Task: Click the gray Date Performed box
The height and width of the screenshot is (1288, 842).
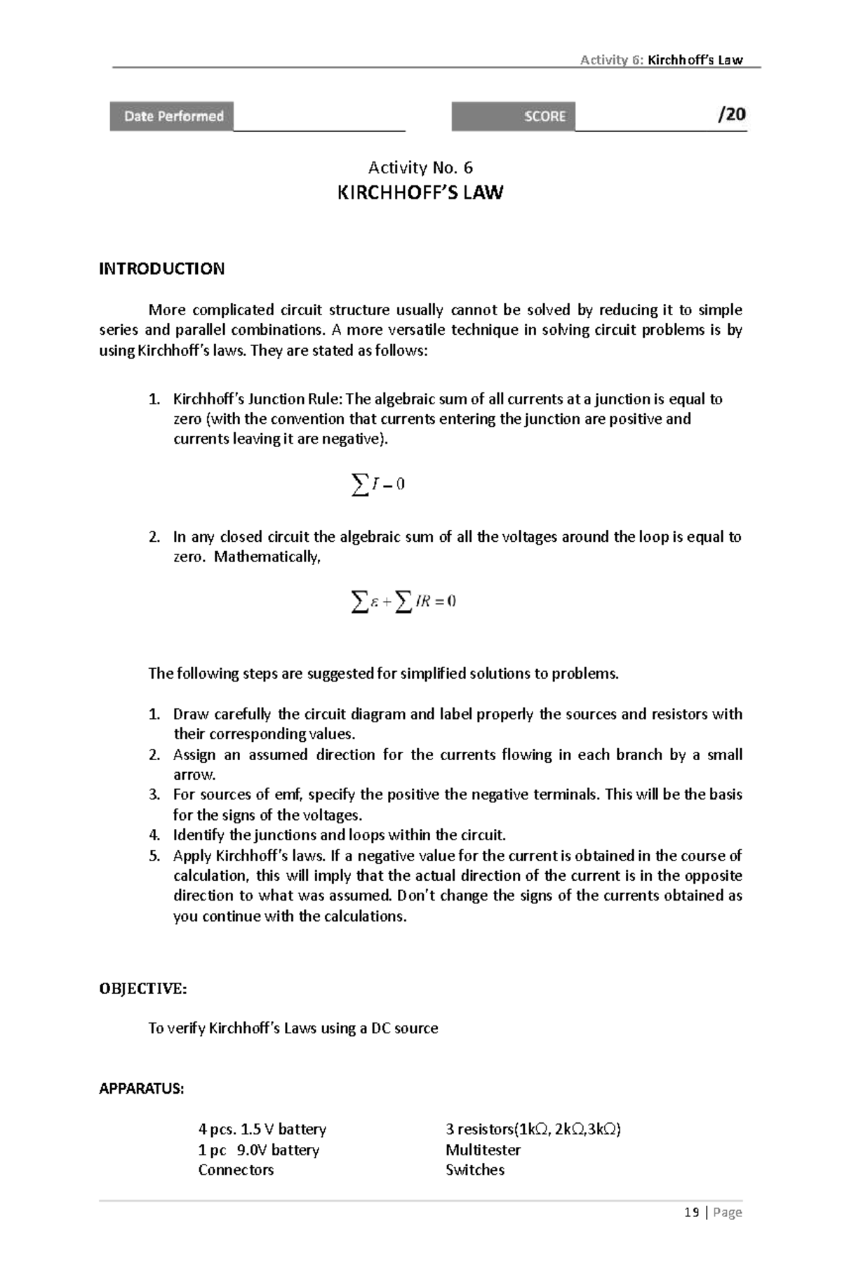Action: pyautogui.click(x=172, y=117)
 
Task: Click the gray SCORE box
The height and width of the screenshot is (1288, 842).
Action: pyautogui.click(x=513, y=117)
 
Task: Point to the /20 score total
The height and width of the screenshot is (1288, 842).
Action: pyautogui.click(x=731, y=114)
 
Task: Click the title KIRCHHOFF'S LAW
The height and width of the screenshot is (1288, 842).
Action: pyautogui.click(x=420, y=193)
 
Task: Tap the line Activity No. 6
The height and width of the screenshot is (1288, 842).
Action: pyautogui.click(x=420, y=167)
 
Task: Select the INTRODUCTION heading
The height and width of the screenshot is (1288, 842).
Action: pyautogui.click(x=161, y=269)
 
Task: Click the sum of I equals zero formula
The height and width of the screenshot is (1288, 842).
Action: pyautogui.click(x=378, y=484)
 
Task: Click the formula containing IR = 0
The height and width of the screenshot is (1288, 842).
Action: pyautogui.click(x=403, y=601)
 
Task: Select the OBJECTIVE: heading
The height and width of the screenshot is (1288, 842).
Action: pyautogui.click(x=143, y=989)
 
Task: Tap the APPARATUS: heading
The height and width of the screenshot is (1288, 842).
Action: pyautogui.click(x=141, y=1089)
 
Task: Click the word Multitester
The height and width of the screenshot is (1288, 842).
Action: pyautogui.click(x=483, y=1150)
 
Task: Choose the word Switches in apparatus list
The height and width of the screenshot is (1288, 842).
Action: pyautogui.click(x=475, y=1170)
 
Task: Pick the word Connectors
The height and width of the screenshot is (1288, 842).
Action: pyautogui.click(x=236, y=1170)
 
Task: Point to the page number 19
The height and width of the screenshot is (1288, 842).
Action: pyautogui.click(x=692, y=1212)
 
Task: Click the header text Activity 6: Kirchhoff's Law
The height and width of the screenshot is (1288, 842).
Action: pyautogui.click(x=661, y=60)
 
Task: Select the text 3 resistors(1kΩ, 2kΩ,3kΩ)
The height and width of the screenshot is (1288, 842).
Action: pyautogui.click(x=533, y=1129)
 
